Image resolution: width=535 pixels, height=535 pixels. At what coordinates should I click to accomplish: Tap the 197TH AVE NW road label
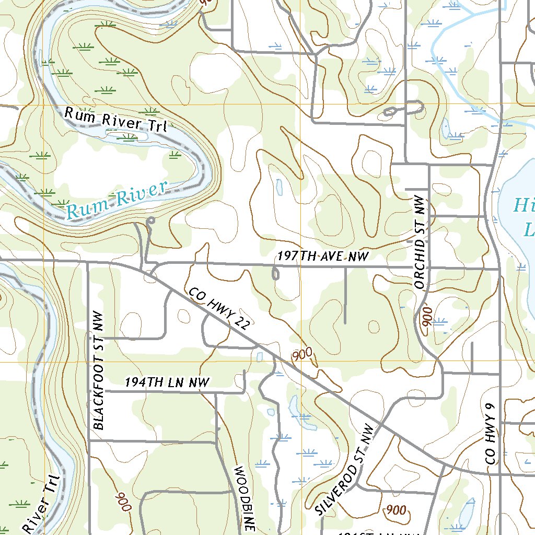[323, 256]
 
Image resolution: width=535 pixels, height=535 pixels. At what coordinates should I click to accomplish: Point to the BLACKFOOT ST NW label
[99, 370]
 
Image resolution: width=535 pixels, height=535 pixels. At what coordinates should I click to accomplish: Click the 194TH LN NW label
[167, 383]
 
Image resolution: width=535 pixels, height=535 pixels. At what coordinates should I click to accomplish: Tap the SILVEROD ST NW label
[346, 469]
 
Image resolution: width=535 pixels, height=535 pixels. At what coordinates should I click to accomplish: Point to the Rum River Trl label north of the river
[115, 119]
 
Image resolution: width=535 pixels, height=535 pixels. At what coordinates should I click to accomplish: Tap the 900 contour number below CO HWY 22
[303, 355]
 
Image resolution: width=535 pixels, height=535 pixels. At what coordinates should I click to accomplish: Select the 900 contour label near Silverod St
[396, 510]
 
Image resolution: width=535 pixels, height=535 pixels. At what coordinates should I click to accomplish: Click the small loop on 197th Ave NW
[275, 273]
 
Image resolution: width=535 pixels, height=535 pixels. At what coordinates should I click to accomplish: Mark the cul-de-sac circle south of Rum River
[151, 221]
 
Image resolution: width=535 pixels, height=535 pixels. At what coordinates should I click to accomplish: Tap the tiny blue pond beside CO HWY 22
[260, 357]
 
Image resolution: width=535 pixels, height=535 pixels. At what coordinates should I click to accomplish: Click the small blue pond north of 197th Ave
[278, 185]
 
